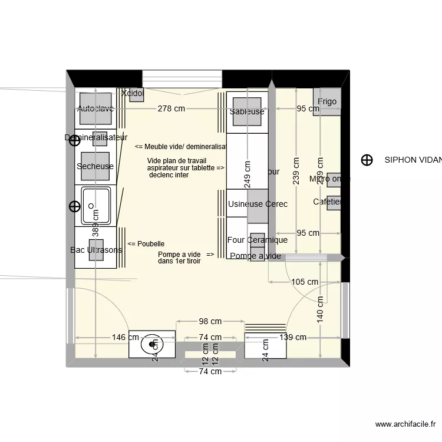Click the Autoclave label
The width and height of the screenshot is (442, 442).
[x=95, y=109]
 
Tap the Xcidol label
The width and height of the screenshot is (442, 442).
[x=133, y=93]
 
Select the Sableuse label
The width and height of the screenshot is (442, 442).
[x=247, y=111]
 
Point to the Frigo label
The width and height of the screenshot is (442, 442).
[x=326, y=101]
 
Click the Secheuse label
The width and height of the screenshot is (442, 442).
[x=95, y=166]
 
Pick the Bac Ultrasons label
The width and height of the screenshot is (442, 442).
[x=96, y=250]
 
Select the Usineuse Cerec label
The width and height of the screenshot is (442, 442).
[x=258, y=204]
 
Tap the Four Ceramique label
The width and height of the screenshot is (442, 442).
[x=258, y=240]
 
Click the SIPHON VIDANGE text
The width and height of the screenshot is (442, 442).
[x=413, y=160]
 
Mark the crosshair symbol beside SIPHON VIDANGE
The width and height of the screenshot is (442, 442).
[x=367, y=160]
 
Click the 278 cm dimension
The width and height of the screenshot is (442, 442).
[x=171, y=109]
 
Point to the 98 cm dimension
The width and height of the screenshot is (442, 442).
[x=210, y=321]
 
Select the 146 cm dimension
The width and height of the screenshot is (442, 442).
[x=126, y=338]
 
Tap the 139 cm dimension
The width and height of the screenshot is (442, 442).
[x=293, y=338]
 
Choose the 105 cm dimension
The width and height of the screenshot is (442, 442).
[x=305, y=282]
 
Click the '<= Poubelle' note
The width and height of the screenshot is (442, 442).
[x=146, y=243]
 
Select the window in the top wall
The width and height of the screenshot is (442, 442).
[x=182, y=78]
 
